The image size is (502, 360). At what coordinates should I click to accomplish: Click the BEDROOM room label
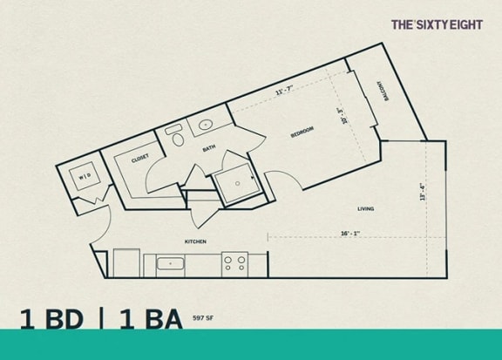click(302, 132)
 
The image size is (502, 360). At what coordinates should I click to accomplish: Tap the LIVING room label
click(366, 207)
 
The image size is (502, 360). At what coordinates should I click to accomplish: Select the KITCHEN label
click(194, 241)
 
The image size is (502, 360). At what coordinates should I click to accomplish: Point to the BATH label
click(209, 148)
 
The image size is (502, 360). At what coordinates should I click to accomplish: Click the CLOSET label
click(140, 158)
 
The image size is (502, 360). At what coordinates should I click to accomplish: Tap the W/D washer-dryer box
click(85, 176)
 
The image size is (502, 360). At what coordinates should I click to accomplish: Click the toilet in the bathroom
click(176, 138)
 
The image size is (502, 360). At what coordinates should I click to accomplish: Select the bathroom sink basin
click(205, 125)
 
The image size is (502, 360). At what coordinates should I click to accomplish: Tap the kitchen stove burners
click(234, 261)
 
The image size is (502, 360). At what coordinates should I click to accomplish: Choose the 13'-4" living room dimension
click(421, 192)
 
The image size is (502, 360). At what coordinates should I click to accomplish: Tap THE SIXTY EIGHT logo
click(436, 25)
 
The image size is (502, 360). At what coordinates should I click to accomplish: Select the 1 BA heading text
click(149, 320)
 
